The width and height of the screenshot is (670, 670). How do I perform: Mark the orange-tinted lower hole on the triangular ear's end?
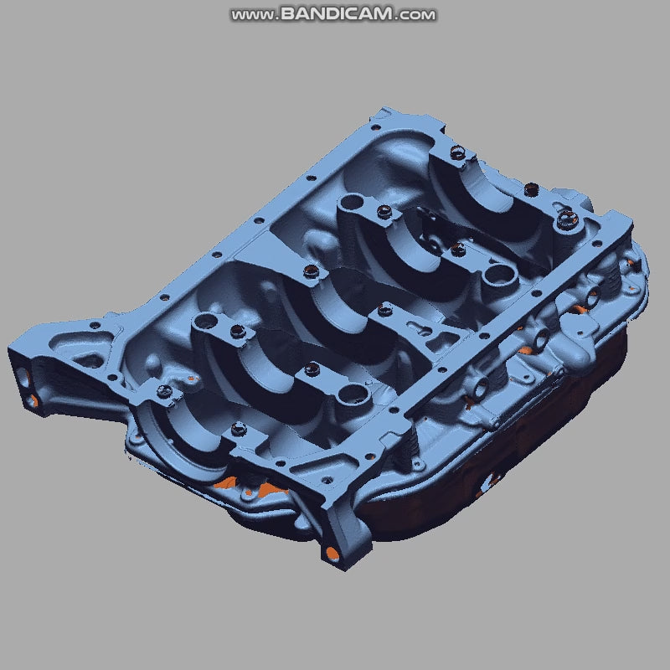33,400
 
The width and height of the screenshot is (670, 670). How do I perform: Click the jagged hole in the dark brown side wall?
489,482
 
